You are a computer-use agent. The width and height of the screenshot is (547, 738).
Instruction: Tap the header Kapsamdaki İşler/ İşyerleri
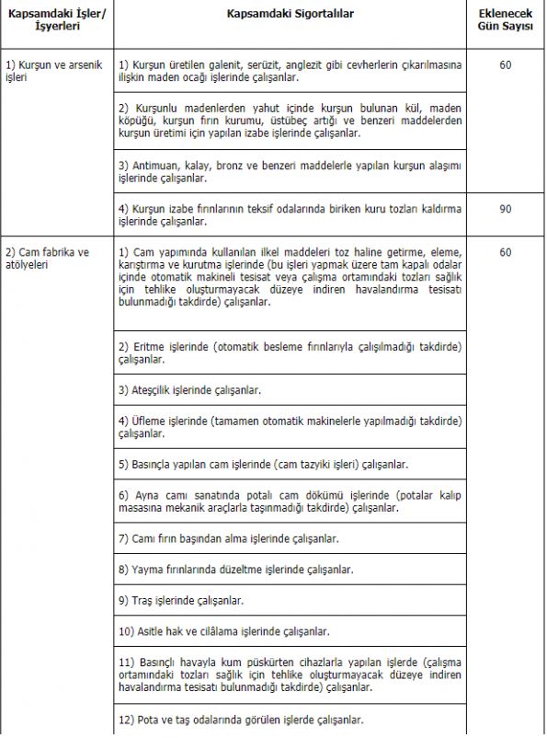(57, 22)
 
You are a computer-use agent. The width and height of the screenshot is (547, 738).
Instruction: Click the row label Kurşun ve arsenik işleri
(56, 72)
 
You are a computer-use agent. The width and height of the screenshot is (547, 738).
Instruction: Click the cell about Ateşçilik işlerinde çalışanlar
(191, 389)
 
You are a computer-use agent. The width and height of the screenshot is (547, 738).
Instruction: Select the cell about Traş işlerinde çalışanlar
(181, 600)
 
